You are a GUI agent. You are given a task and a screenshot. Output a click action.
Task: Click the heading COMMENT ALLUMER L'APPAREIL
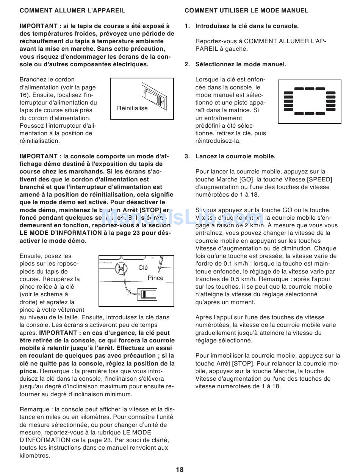point(72,11)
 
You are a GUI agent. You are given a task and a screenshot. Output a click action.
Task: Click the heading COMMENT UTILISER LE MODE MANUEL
point(246,11)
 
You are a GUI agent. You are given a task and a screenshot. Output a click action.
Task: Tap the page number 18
point(180,470)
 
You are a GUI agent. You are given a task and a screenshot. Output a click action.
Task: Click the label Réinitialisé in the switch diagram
point(132,108)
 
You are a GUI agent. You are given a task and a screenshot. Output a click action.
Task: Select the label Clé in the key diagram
point(143,268)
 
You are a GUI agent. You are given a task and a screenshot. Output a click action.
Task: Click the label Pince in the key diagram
point(155,278)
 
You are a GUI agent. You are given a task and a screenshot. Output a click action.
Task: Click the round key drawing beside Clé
point(121,267)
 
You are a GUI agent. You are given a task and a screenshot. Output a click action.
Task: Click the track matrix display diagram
point(310,102)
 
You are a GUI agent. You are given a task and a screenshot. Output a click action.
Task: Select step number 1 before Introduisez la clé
point(187,26)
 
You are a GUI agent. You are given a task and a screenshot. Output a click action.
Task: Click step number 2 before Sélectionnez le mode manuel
point(187,64)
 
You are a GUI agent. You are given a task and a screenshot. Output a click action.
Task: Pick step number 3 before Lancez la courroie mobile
point(187,156)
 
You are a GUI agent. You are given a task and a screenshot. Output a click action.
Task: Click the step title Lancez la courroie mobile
point(235,156)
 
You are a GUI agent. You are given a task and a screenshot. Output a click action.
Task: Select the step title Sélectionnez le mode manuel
point(241,64)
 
